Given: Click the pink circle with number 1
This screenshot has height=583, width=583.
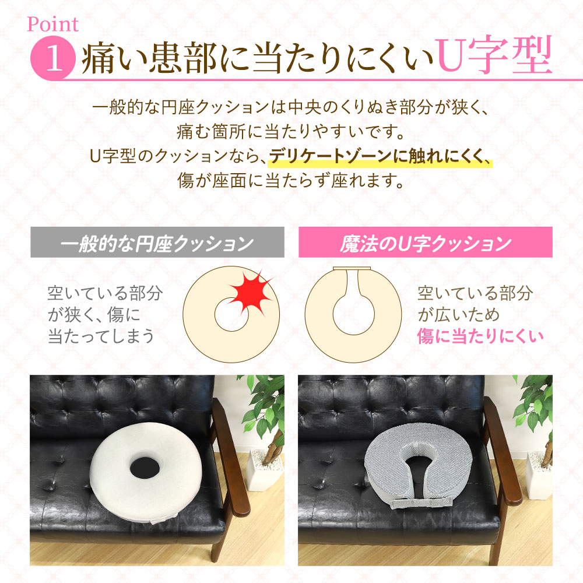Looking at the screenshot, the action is pos(54,58).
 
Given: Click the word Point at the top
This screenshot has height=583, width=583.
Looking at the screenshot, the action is pos(53,24).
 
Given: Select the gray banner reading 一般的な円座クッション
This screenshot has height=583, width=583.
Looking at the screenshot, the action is pos(157,242).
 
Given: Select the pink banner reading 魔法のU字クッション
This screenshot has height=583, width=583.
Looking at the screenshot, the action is pos(426,242).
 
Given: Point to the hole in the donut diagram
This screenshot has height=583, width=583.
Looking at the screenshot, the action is pos(231,315).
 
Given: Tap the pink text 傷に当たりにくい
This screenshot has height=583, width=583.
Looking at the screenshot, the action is pos(480,336).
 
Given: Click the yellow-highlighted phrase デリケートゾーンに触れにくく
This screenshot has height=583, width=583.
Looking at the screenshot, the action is pos(380,156).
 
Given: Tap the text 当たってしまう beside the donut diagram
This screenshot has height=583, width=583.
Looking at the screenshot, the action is pos(101,336).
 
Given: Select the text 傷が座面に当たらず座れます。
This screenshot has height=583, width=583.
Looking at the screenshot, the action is pos(291,181).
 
